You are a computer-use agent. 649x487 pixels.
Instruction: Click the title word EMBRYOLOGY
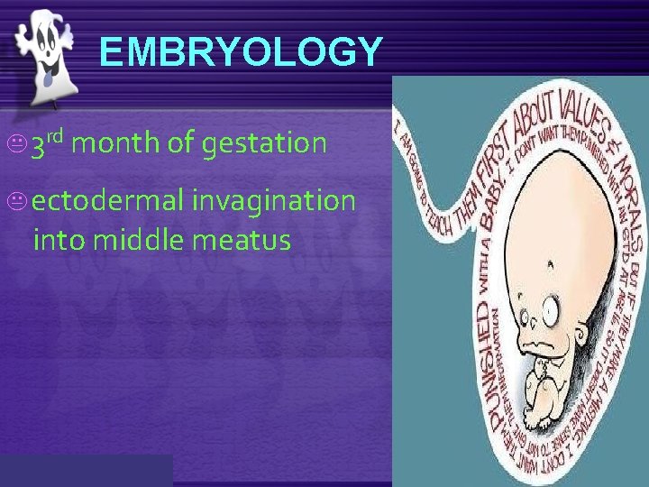[x=242, y=52]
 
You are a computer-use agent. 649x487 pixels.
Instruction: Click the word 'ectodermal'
[x=109, y=199]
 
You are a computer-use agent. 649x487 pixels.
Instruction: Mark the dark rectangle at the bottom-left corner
[x=87, y=471]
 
